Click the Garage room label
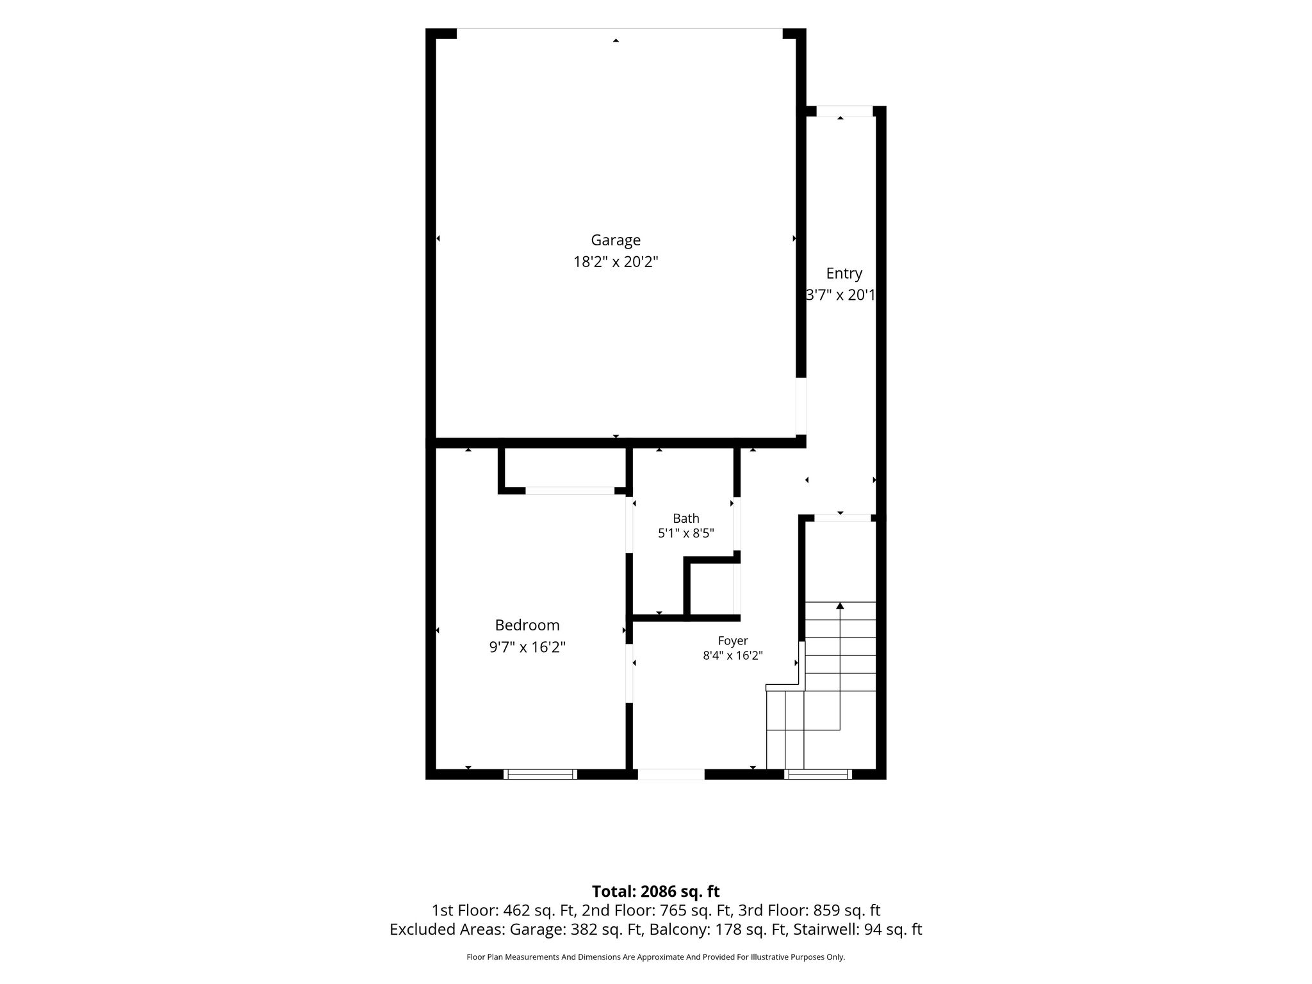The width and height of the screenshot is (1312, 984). pyautogui.click(x=616, y=241)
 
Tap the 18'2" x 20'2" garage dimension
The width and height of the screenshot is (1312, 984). pyautogui.click(x=616, y=262)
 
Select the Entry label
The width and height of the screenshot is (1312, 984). pyautogui.click(x=844, y=274)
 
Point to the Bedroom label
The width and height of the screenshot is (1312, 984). pyautogui.click(x=527, y=625)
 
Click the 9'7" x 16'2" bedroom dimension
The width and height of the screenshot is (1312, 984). pyautogui.click(x=527, y=647)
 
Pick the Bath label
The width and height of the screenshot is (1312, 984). pyautogui.click(x=685, y=518)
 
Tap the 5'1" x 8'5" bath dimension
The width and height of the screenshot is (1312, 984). pyautogui.click(x=686, y=533)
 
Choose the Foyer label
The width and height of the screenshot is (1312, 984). pyautogui.click(x=733, y=641)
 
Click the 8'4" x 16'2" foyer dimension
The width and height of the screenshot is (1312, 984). pyautogui.click(x=733, y=655)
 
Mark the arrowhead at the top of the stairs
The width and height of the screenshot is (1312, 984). pyautogui.click(x=840, y=605)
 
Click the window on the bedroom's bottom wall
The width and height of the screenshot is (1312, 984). pyautogui.click(x=540, y=774)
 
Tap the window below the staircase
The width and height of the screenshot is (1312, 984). pyautogui.click(x=818, y=774)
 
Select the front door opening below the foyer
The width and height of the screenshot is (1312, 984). pyautogui.click(x=671, y=774)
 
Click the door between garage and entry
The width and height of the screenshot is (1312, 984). pyautogui.click(x=801, y=406)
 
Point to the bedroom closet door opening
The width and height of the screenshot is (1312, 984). pyautogui.click(x=570, y=491)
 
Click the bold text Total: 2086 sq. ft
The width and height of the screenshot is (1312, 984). pyautogui.click(x=655, y=892)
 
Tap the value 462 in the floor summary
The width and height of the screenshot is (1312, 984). pyautogui.click(x=517, y=910)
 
